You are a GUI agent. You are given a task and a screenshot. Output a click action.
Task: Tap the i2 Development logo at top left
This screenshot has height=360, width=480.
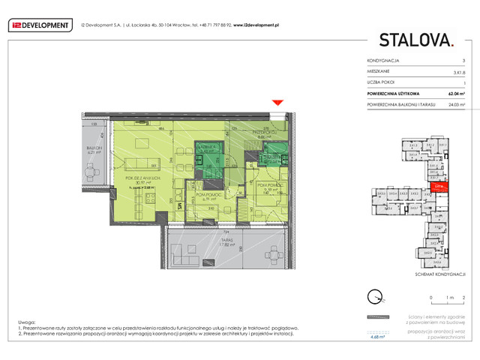point(39,25)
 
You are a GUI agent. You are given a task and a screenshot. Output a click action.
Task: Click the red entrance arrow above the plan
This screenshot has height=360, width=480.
point(278,103)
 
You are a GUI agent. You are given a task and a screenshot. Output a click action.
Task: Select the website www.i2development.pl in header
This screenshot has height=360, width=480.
point(256,25)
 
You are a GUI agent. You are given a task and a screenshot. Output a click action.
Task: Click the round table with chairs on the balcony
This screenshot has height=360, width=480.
point(91,173)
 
